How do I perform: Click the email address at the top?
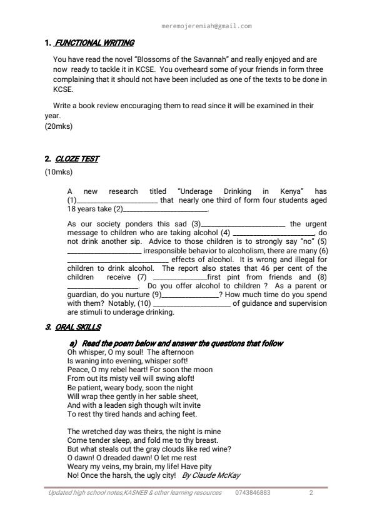pos(206,26)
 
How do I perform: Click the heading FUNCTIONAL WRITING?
pos(94,43)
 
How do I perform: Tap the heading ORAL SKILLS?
pos(78,327)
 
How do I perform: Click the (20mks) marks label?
pos(58,126)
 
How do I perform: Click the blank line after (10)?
pos(191,303)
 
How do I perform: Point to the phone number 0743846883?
pos(253,493)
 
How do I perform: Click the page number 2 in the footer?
pos(311,493)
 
